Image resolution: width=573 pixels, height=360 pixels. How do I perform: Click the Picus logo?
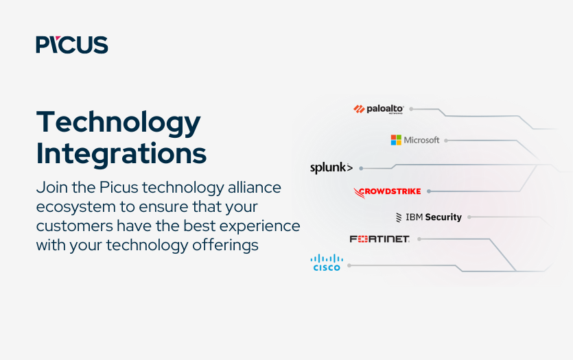72,45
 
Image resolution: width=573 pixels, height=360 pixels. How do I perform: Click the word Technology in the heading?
119,123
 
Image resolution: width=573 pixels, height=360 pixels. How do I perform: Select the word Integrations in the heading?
121,153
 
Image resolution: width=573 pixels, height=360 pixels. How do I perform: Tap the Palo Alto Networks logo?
379,108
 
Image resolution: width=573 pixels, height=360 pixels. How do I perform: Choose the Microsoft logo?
415,140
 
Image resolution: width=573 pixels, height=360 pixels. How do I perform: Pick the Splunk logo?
331,167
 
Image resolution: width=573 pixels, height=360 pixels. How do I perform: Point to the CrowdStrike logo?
388,191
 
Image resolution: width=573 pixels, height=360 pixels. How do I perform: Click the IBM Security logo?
429,217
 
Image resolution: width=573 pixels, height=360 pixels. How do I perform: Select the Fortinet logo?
379,239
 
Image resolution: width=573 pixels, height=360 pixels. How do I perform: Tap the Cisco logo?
327,263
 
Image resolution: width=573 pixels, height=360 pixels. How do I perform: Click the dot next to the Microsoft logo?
446,140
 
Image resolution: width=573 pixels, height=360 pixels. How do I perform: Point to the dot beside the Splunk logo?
361,168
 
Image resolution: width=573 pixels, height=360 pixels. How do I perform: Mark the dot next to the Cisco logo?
349,264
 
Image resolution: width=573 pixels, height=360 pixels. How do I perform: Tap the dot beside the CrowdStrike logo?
428,191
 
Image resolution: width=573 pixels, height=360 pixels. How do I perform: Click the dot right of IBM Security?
469,217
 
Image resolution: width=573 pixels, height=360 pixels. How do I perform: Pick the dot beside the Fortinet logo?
419,239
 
